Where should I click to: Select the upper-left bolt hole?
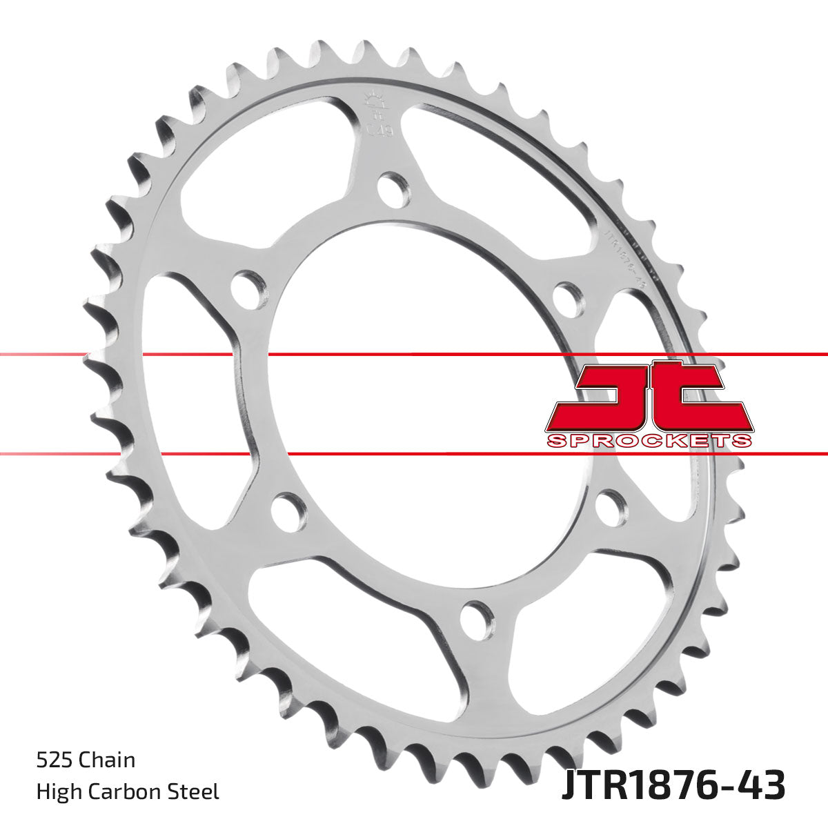(x=248, y=288)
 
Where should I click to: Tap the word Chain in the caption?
(x=106, y=760)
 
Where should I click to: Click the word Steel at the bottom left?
(x=197, y=791)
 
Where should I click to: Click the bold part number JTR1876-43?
(x=673, y=786)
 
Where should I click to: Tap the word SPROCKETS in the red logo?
(x=648, y=440)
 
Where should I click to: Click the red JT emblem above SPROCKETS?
(x=648, y=397)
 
